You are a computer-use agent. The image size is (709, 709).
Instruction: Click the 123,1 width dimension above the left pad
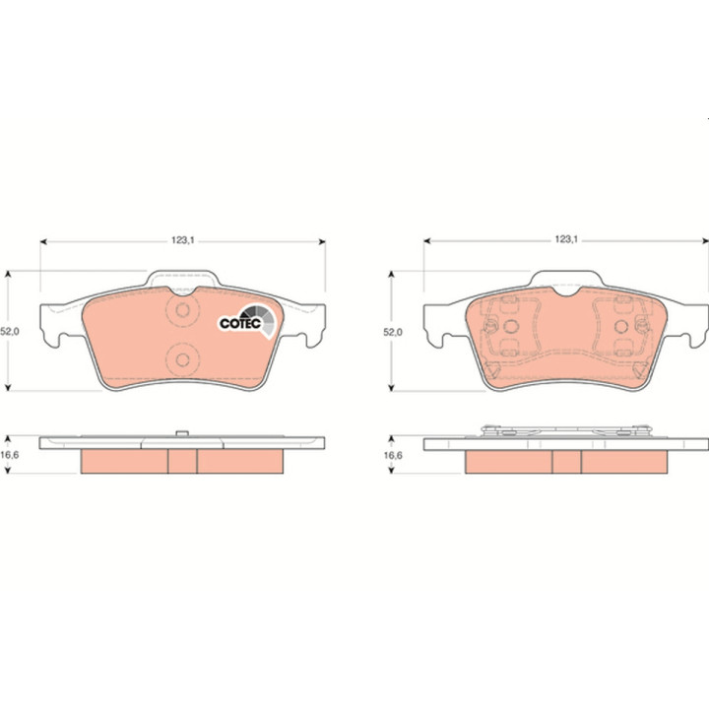183,240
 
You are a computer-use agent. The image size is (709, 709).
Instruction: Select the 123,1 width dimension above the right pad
566,239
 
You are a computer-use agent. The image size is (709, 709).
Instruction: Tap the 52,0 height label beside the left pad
10,332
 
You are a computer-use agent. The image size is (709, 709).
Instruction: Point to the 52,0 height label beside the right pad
393,333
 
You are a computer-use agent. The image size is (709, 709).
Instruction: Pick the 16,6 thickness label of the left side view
10,455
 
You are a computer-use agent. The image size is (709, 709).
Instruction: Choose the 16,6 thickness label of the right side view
393,455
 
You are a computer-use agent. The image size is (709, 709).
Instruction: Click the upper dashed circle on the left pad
183,310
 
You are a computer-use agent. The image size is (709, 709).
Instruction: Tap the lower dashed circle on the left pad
183,360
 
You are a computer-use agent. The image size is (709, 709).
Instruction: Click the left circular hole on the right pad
511,326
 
